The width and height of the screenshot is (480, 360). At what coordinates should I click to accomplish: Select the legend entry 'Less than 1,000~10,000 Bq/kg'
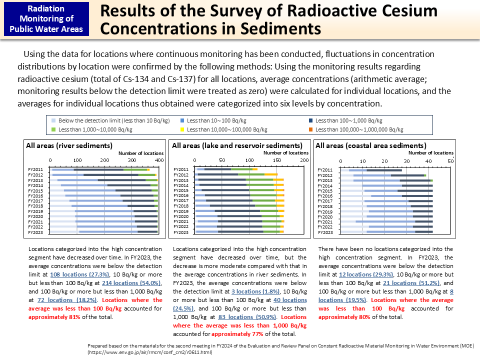pos(95,129)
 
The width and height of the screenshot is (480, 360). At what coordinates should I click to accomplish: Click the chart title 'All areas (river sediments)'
pos(69,145)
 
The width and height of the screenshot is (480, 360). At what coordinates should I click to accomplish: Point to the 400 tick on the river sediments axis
pos(158,160)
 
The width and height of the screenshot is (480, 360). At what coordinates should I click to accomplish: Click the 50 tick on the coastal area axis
pos(450,160)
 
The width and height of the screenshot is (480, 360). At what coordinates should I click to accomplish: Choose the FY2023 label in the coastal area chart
pos(325,232)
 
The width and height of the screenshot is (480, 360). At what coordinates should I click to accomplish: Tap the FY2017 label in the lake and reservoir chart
pos(180,201)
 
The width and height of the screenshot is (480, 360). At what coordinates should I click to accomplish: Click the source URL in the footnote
pos(142,352)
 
